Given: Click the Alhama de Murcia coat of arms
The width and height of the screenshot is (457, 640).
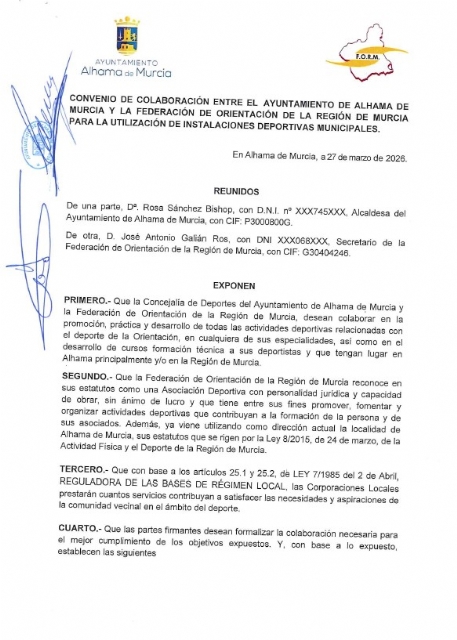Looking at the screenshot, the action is [127, 36].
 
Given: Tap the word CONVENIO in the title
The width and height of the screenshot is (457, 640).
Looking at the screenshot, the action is [92, 104].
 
